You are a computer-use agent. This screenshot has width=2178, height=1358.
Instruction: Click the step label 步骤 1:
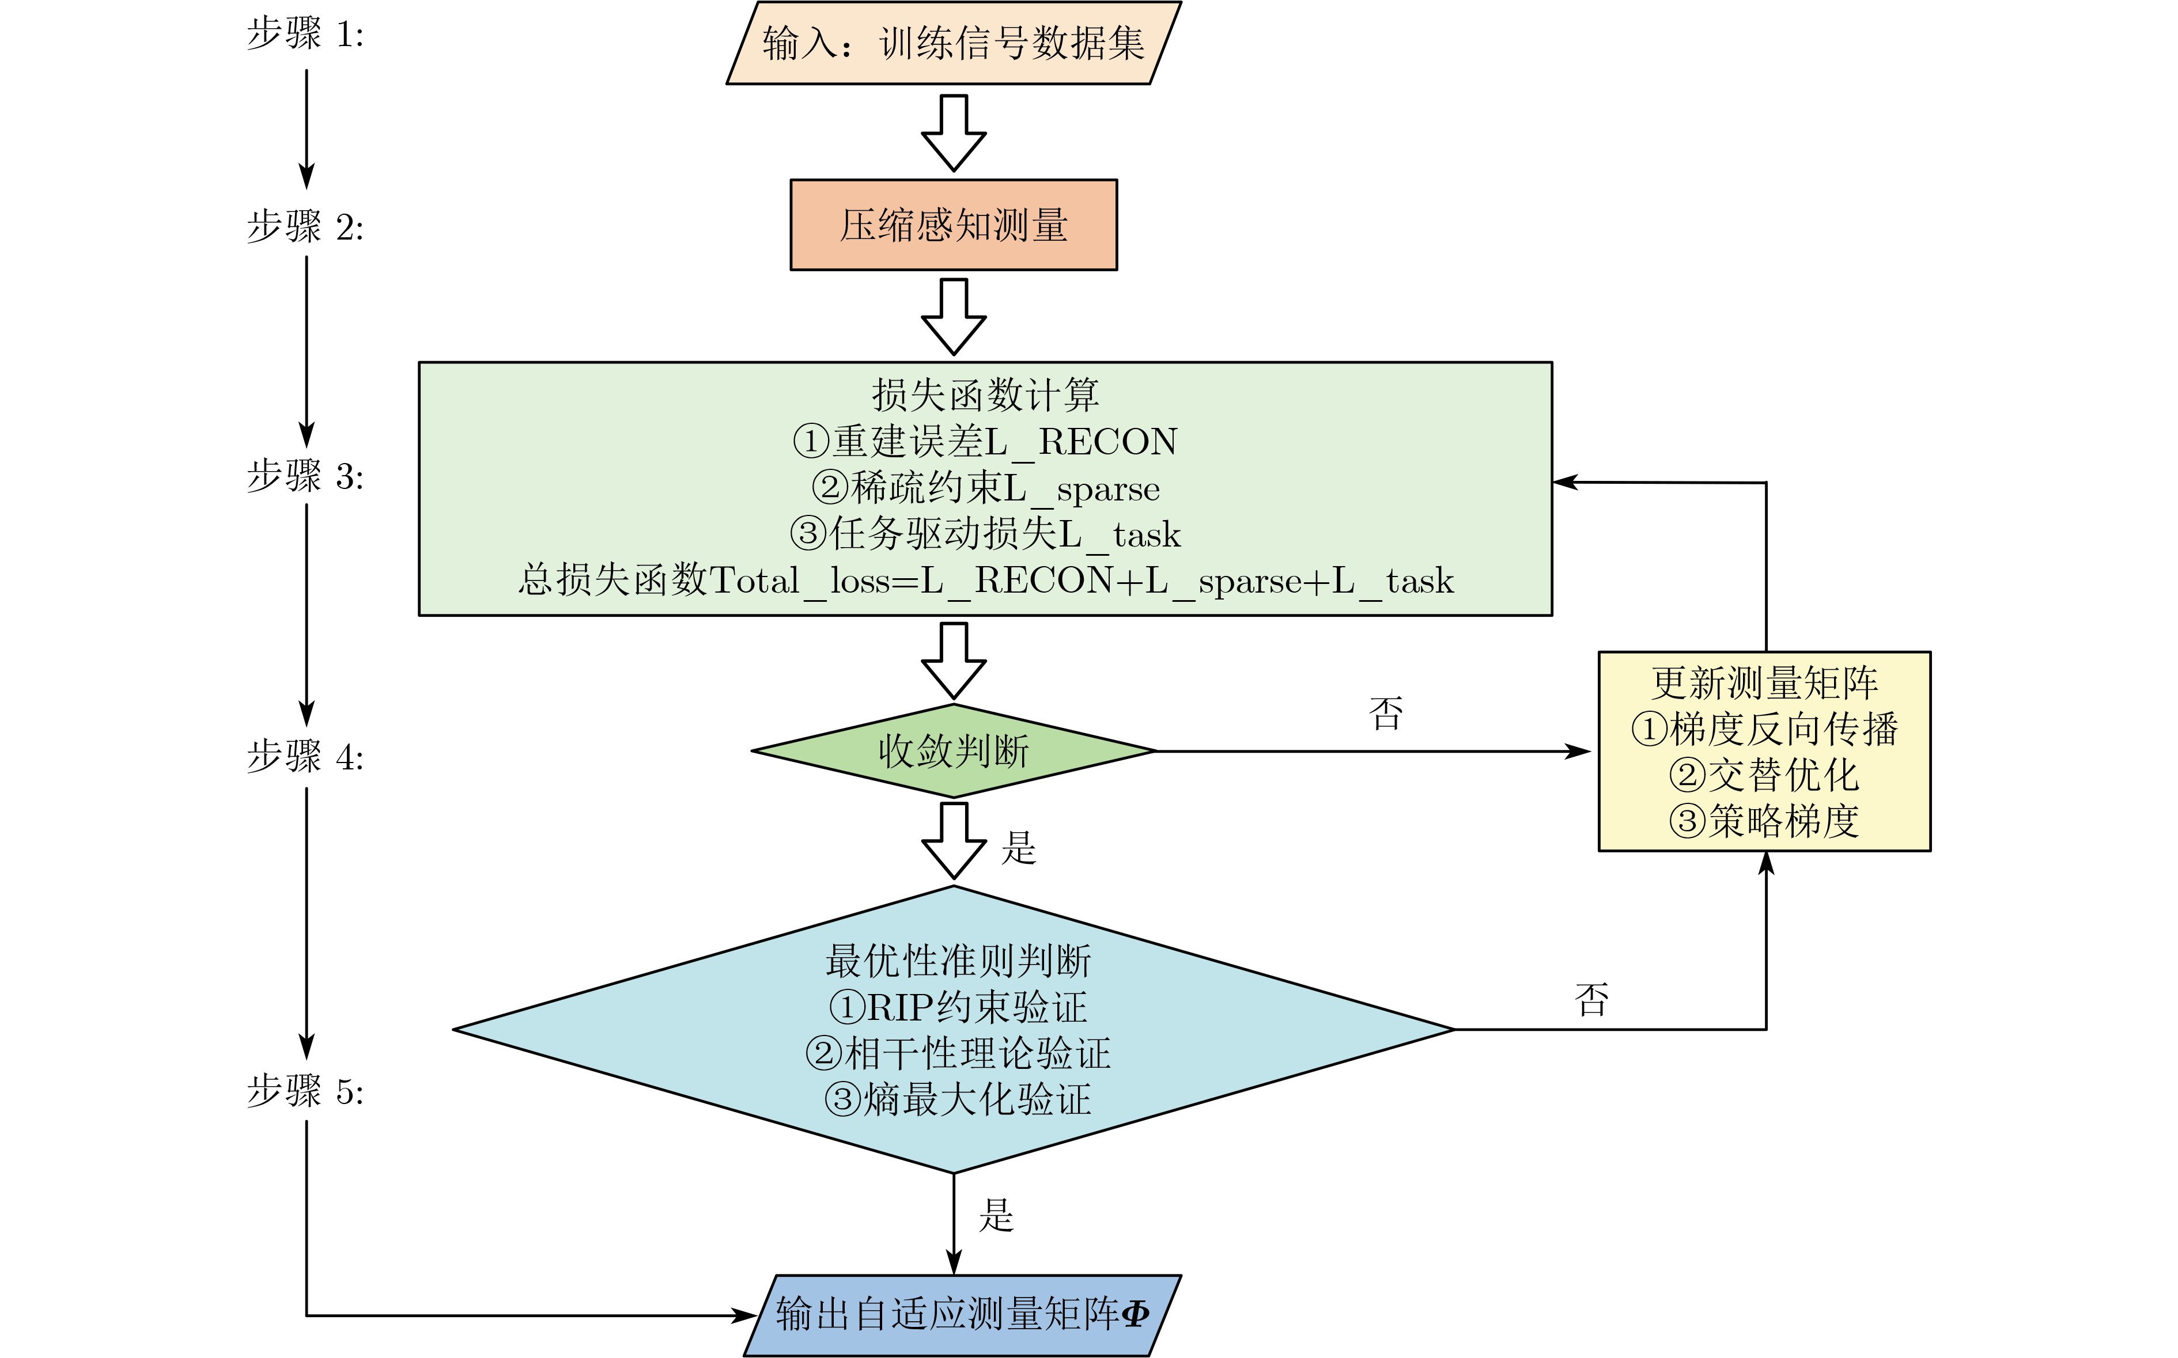click(x=305, y=34)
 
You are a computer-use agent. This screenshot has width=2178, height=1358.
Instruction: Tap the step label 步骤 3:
click(x=305, y=476)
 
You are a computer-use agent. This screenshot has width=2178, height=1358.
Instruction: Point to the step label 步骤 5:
click(x=305, y=1091)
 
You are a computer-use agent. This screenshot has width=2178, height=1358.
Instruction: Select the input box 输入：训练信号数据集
click(x=954, y=43)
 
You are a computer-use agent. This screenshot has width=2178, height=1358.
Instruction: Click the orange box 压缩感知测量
click(x=954, y=225)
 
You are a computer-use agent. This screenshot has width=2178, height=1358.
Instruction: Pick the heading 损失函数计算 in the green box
click(x=985, y=394)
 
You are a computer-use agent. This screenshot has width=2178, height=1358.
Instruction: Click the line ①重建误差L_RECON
click(x=985, y=441)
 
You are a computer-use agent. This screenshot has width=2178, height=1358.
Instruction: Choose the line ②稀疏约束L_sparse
click(x=985, y=488)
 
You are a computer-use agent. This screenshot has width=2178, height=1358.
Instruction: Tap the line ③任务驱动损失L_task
click(x=985, y=534)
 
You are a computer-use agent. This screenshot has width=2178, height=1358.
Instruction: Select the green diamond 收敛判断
click(x=954, y=751)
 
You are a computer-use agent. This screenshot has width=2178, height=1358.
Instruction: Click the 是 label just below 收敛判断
click(x=1019, y=848)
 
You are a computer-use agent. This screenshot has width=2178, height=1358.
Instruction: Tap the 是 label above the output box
click(x=996, y=1215)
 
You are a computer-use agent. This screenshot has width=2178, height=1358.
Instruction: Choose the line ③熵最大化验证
click(x=958, y=1100)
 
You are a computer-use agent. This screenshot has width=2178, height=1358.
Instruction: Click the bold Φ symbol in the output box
click(x=1136, y=1314)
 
